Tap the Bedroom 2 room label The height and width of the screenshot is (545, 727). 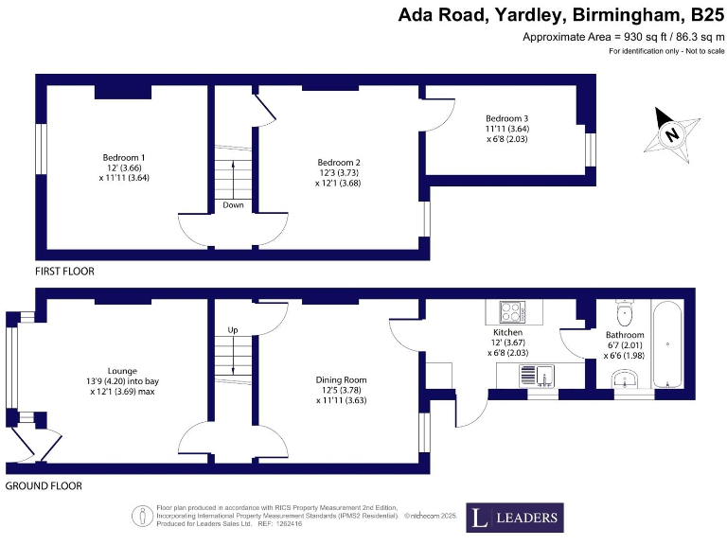coord(339,162)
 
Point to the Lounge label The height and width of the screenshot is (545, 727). coord(122,371)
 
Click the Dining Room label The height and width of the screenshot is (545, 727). coord(341,379)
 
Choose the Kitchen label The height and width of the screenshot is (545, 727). coord(507,333)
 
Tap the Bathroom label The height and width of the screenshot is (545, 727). coord(625,335)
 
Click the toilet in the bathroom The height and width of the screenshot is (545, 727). coord(624,312)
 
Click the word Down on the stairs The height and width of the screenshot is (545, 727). coord(233,204)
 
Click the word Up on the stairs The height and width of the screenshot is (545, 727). coord(233,330)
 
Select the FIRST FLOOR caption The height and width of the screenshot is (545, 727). coord(64,271)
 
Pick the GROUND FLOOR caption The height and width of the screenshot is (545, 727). coord(44,485)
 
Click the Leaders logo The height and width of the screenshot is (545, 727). coord(515,518)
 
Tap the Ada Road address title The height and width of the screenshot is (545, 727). coord(554,14)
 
